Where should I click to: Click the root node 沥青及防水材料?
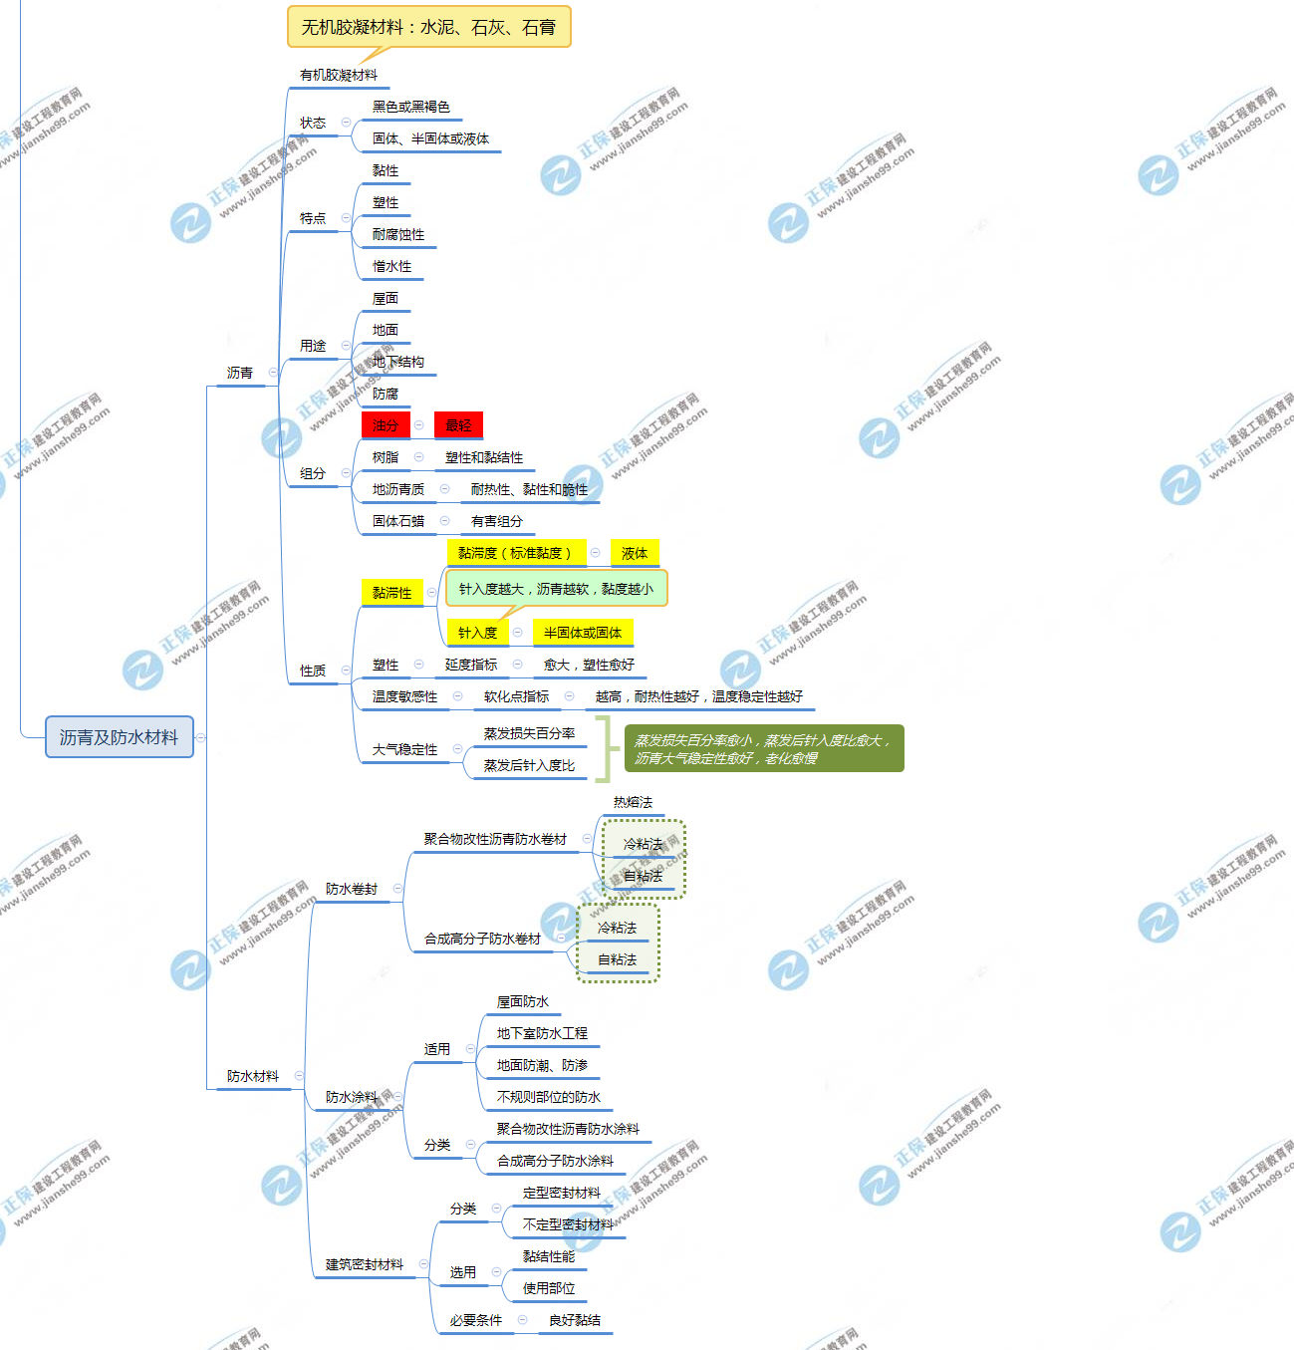(119, 737)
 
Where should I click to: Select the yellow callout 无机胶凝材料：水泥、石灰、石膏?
(428, 27)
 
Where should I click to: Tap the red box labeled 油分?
(386, 425)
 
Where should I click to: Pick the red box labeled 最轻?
(458, 425)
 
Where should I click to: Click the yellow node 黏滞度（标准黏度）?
(515, 553)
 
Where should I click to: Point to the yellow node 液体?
(635, 553)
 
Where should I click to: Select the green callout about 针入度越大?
(556, 589)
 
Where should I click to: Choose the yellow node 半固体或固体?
(583, 633)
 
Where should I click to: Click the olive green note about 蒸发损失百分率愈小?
(764, 749)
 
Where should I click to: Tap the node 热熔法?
(633, 802)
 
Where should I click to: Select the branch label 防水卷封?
(352, 889)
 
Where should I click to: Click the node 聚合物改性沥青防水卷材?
(495, 839)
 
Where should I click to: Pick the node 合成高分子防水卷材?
(482, 939)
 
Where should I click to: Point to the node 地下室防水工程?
(542, 1033)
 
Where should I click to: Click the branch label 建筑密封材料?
(365, 1264)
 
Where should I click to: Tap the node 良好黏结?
(575, 1320)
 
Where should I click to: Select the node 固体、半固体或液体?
(430, 138)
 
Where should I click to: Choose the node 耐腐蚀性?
(398, 234)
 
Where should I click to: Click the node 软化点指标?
(516, 696)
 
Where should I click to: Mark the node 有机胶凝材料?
(339, 75)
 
